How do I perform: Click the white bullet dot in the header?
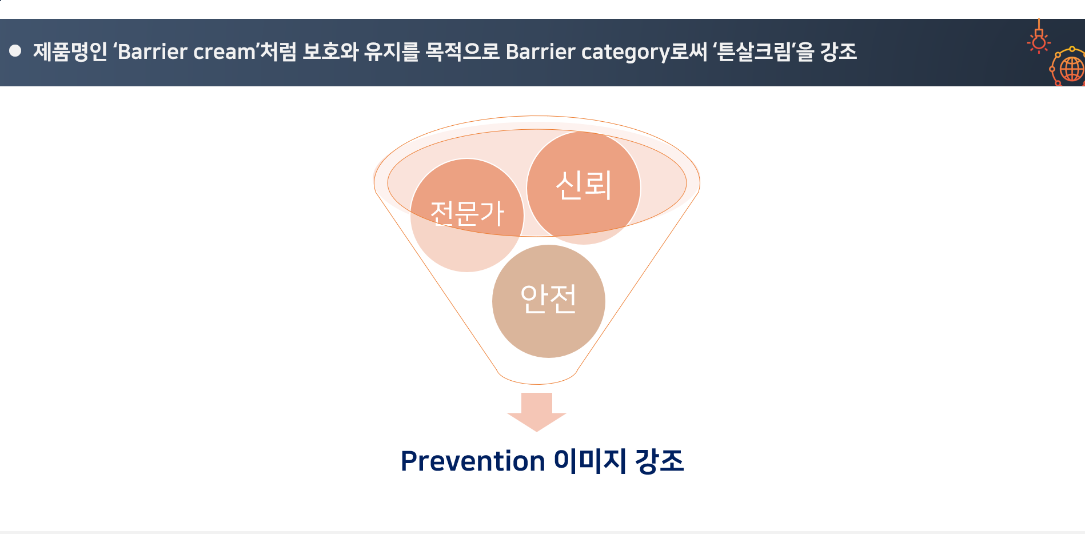pos(15,51)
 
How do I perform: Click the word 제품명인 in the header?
pos(70,52)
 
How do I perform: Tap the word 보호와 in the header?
pos(330,52)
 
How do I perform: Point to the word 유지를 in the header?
pos(392,52)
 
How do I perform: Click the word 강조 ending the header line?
pos(839,52)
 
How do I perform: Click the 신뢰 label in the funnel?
pos(584,185)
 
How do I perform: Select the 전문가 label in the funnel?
pos(467,213)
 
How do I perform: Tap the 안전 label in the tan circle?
pos(548,298)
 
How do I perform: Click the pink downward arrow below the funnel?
pos(536,412)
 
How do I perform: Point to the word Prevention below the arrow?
pos(473,461)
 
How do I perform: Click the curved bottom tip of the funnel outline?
pos(537,382)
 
